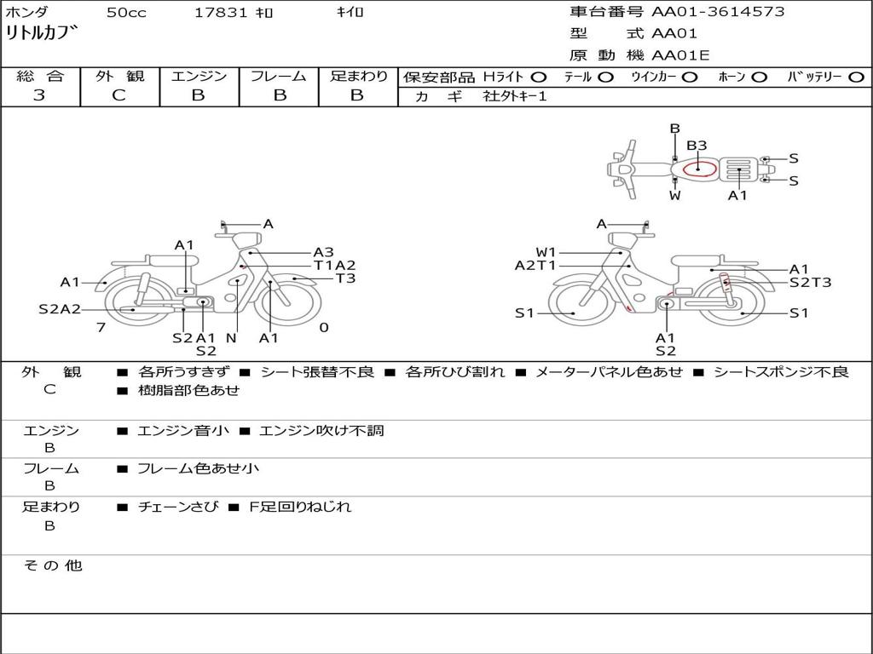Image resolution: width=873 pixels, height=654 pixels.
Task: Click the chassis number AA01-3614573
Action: (718, 12)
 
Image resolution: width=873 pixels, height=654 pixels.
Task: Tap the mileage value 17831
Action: (220, 12)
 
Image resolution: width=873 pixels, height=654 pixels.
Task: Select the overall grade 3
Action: (39, 95)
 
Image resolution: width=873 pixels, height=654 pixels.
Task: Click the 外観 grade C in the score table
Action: (119, 95)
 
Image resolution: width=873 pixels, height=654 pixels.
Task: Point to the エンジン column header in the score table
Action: (199, 76)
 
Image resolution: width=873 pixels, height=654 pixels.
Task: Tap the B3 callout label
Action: (696, 146)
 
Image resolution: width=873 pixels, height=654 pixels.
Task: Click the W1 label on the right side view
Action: (546, 252)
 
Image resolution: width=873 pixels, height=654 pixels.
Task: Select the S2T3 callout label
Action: (810, 283)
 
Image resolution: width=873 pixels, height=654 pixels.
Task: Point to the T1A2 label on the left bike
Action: (334, 266)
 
